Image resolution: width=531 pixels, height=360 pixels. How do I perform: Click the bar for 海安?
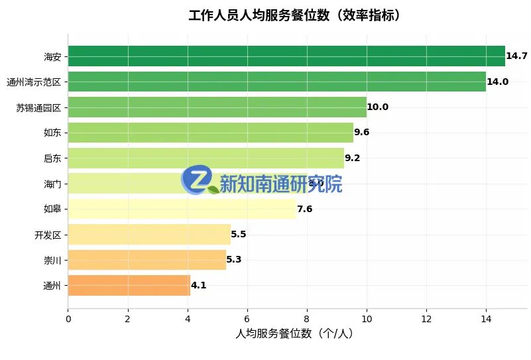[x=286, y=56]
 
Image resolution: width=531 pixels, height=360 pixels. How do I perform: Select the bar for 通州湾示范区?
[x=276, y=82]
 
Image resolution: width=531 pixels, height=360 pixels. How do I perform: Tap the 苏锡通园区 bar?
[x=217, y=107]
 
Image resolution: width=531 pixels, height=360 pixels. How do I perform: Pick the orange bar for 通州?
[x=129, y=286]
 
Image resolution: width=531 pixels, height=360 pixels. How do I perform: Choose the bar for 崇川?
[x=147, y=260]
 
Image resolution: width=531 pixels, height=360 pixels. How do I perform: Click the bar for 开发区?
[x=149, y=235]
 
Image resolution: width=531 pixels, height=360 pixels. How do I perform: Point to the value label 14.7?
[x=516, y=56]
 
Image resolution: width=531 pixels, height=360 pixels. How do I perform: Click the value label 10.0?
[x=378, y=107]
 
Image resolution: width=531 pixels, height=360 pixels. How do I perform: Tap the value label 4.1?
[x=199, y=286]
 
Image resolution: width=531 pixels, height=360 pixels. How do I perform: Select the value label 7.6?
[x=304, y=210]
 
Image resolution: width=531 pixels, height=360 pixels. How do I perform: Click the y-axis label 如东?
[x=52, y=133]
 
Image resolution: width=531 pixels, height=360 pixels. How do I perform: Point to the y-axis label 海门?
[x=52, y=184]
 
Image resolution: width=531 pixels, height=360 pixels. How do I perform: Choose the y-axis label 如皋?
[x=52, y=210]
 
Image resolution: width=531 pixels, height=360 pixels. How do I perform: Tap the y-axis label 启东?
[x=52, y=158]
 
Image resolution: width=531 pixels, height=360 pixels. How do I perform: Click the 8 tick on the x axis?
[x=307, y=319]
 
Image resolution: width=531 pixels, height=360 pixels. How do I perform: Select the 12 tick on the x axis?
[x=426, y=319]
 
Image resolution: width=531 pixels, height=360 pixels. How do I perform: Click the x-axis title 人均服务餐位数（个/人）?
[x=294, y=334]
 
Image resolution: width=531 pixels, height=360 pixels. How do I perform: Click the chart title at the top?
[x=294, y=15]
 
